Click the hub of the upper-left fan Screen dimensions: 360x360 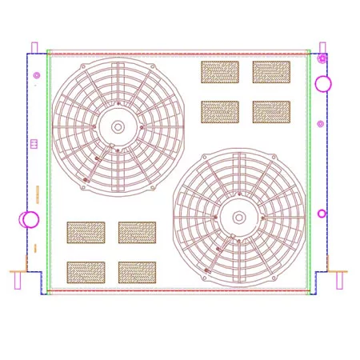[118, 126]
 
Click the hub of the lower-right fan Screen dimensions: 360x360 [238, 217]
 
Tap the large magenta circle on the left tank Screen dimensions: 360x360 [30, 219]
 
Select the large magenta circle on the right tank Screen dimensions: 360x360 [322, 83]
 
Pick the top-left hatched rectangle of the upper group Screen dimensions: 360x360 [220, 72]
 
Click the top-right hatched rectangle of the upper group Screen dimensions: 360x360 [271, 72]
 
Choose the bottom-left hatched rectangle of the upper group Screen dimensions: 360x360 [220, 112]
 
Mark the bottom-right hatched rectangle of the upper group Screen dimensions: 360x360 [271, 112]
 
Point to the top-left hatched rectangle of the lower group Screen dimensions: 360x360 [86, 233]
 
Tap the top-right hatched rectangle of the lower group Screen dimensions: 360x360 [137, 233]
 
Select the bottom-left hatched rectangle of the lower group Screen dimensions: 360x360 [86, 273]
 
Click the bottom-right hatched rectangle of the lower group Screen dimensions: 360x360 [137, 273]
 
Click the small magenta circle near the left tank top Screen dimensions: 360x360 [37, 76]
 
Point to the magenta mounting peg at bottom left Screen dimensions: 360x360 [18, 281]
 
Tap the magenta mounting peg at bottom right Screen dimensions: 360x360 [339, 281]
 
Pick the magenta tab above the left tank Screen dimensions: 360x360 [34, 47]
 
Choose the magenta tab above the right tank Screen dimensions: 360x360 [322, 47]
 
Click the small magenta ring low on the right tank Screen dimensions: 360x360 [322, 214]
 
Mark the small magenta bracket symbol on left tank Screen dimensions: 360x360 [34, 144]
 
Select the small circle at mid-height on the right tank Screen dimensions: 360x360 [321, 124]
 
